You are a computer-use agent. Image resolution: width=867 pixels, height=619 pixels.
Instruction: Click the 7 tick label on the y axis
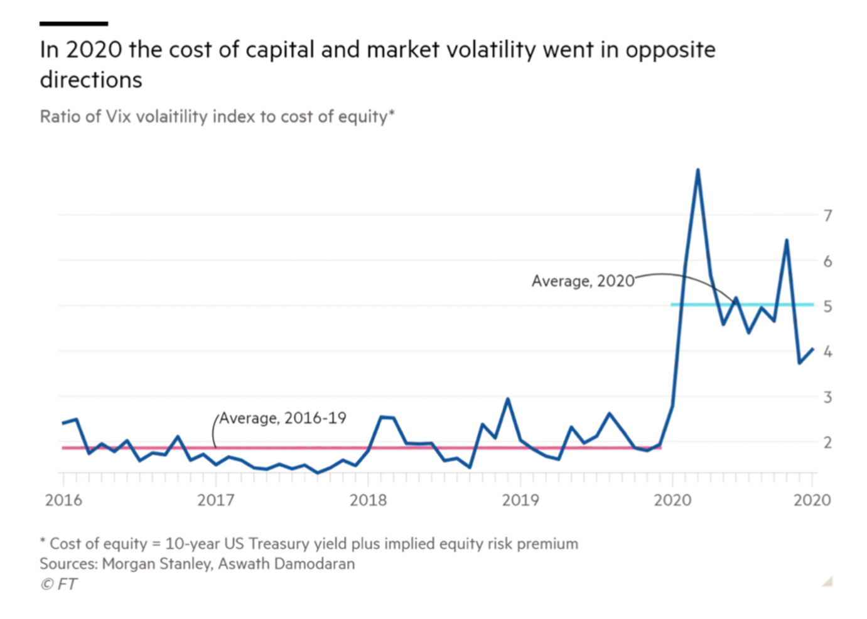tap(828, 216)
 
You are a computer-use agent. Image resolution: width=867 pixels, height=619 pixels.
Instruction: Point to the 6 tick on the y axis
tap(828, 261)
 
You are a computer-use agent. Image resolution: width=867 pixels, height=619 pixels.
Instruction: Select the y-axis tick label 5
tap(828, 306)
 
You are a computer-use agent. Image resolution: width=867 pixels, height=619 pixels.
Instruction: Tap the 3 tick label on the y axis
tap(828, 397)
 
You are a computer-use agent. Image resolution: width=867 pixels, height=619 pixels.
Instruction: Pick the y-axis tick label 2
tap(828, 443)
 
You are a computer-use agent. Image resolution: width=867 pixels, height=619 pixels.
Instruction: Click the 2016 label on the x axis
tap(63, 500)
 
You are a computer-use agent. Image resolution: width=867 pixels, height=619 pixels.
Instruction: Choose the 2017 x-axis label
tap(216, 500)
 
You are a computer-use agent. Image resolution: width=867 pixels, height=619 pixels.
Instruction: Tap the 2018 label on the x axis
tap(368, 500)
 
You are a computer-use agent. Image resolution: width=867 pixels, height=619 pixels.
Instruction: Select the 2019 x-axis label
tap(520, 500)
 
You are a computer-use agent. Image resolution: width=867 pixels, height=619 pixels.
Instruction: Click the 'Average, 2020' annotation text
tap(583, 281)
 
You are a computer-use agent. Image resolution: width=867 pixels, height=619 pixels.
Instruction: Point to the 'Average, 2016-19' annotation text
tap(283, 418)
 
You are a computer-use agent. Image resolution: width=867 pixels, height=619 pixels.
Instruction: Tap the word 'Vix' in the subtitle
tap(118, 117)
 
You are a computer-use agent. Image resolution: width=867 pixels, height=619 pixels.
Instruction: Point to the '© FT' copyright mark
tap(58, 584)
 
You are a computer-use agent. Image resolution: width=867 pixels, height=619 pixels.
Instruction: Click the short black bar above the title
tap(73, 24)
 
